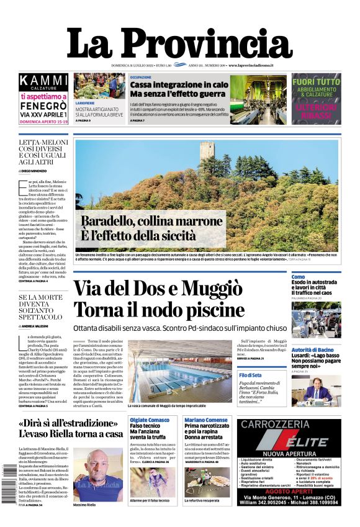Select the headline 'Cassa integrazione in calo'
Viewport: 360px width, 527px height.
pyautogui.click(x=179, y=84)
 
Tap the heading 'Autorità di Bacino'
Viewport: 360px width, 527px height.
pyautogui.click(x=316, y=349)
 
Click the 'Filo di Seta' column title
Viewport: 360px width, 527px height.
pyautogui.click(x=250, y=376)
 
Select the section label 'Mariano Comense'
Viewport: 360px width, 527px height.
pyautogui.click(x=206, y=420)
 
